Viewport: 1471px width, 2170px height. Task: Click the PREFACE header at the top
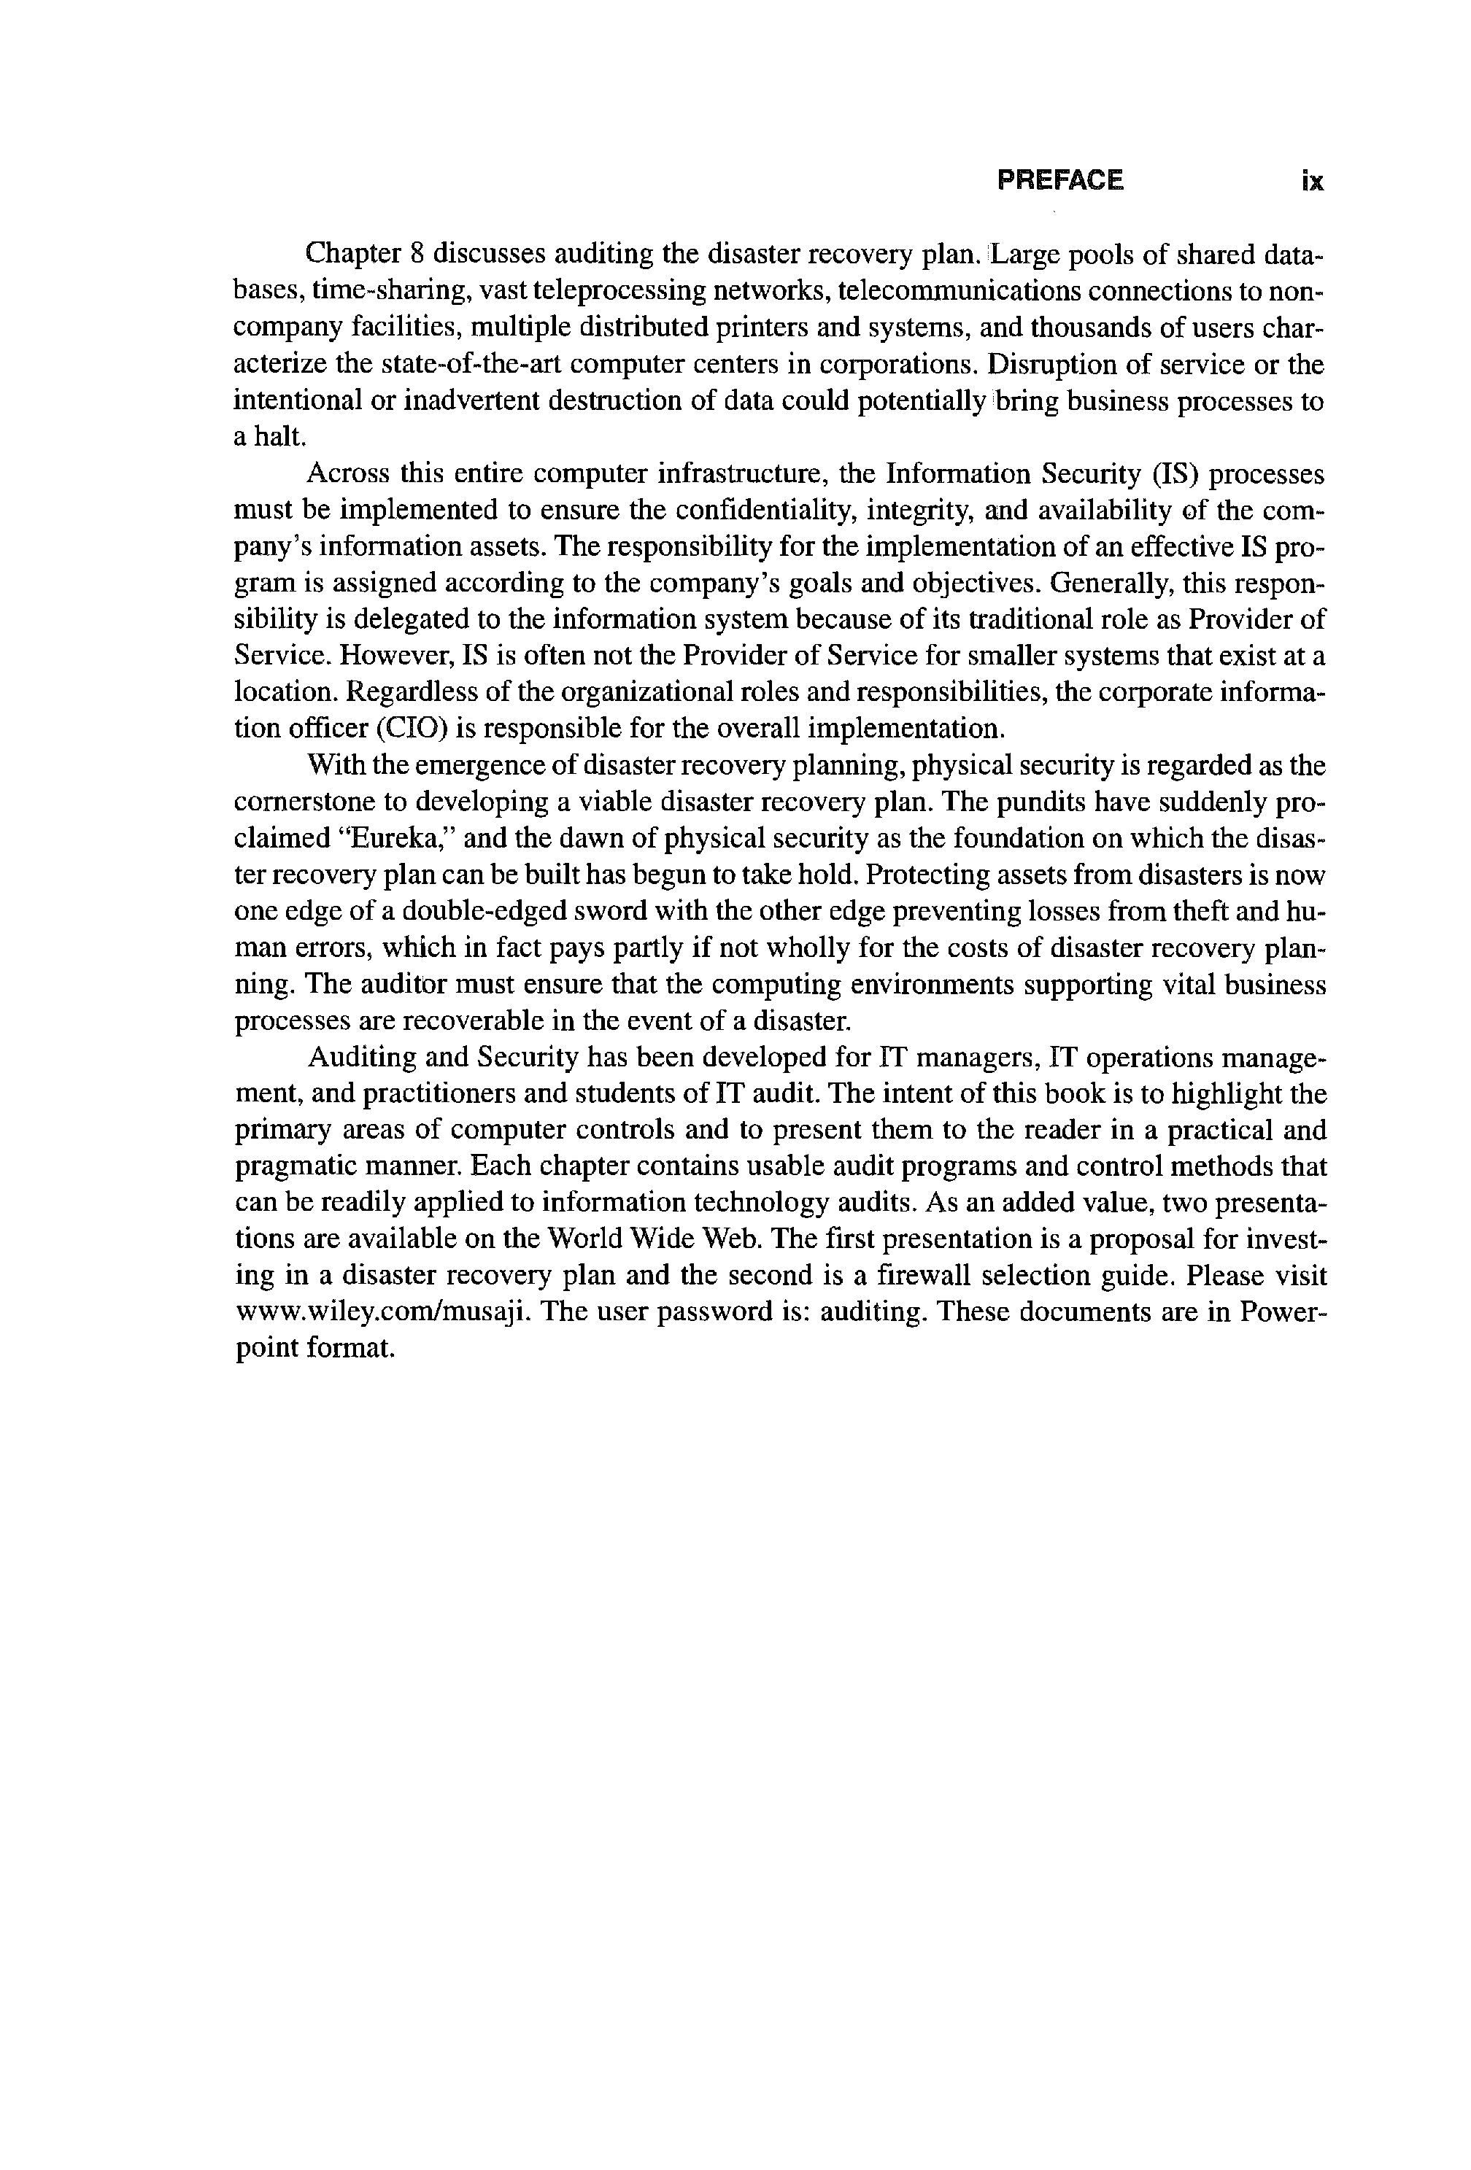1060,179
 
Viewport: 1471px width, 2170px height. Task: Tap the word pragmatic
301,1167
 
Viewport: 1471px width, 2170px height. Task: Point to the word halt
280,438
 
